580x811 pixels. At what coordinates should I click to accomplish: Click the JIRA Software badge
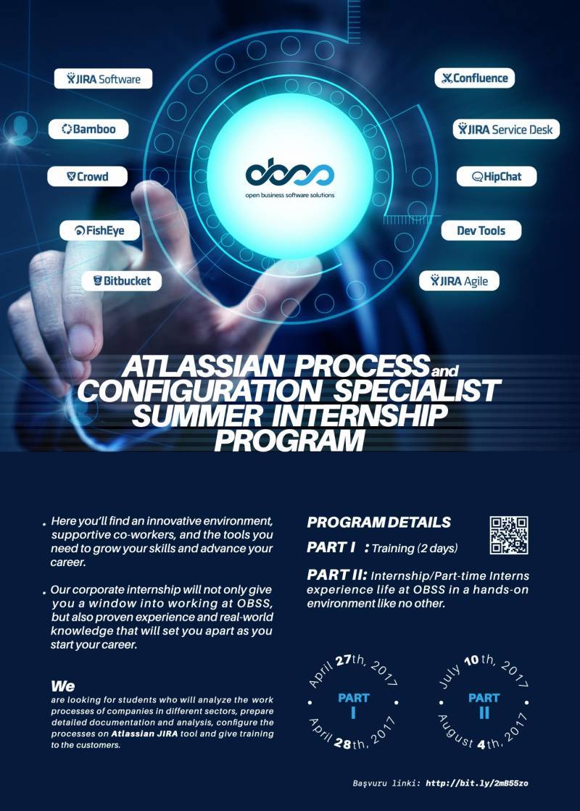click(x=104, y=78)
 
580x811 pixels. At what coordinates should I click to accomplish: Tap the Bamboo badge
click(x=88, y=129)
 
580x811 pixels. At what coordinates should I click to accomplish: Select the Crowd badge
click(x=88, y=176)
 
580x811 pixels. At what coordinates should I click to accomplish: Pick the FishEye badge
click(x=100, y=230)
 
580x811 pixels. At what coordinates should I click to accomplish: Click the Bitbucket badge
click(x=122, y=281)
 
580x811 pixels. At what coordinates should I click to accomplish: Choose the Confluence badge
click(x=474, y=78)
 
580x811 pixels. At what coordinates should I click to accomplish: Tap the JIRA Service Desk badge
click(x=507, y=129)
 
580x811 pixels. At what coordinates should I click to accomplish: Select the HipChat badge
click(x=497, y=176)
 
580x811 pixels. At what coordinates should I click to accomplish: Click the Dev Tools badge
click(x=481, y=230)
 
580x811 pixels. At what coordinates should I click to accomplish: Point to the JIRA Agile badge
click(x=459, y=281)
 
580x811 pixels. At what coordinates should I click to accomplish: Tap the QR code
click(x=509, y=536)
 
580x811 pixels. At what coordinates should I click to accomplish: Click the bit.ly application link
click(x=477, y=783)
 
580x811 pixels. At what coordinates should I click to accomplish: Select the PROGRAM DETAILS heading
click(x=378, y=523)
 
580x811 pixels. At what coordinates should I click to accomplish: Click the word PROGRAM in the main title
click(x=290, y=441)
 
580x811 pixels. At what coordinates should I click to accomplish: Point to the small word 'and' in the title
click(x=444, y=371)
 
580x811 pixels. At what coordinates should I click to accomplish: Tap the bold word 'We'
click(x=62, y=686)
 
